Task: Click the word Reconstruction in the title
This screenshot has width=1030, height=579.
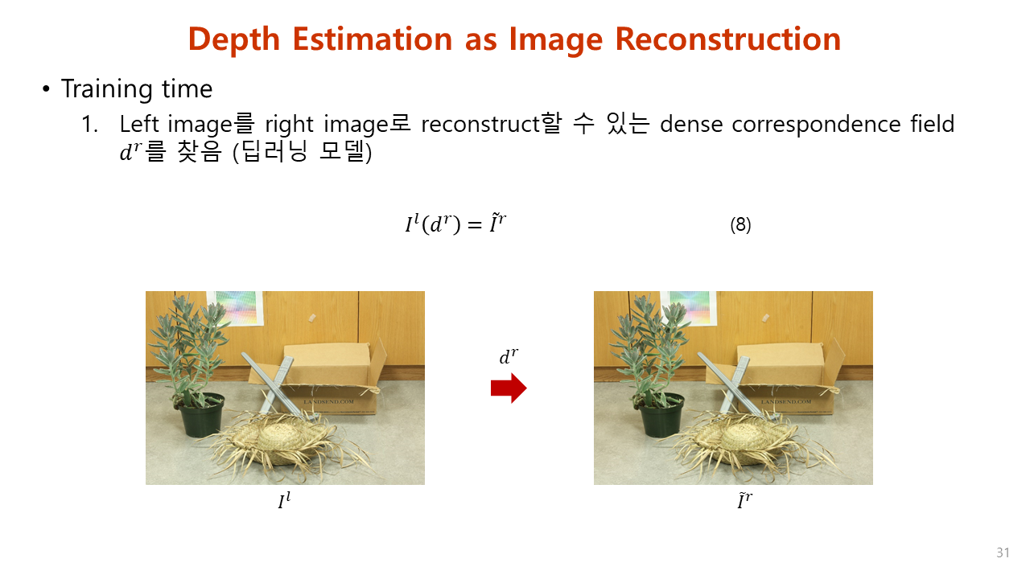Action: point(728,39)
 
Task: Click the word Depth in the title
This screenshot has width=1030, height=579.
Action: point(234,40)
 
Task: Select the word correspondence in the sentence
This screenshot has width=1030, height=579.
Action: point(816,125)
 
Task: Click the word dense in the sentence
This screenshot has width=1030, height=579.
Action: point(691,124)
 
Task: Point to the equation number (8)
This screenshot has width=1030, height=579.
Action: point(740,224)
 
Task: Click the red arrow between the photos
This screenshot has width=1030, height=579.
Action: point(509,388)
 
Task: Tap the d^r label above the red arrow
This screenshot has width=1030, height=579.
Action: point(509,356)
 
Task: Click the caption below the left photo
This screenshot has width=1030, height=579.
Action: point(285,500)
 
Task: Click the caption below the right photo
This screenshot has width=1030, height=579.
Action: point(745,500)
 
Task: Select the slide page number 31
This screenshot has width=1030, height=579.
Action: point(1003,552)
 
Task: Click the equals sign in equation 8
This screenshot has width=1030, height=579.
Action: point(475,224)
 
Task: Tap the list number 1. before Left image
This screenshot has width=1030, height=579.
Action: point(90,125)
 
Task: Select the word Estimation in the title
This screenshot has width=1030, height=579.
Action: point(373,39)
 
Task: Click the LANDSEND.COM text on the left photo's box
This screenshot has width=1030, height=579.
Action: point(328,401)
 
